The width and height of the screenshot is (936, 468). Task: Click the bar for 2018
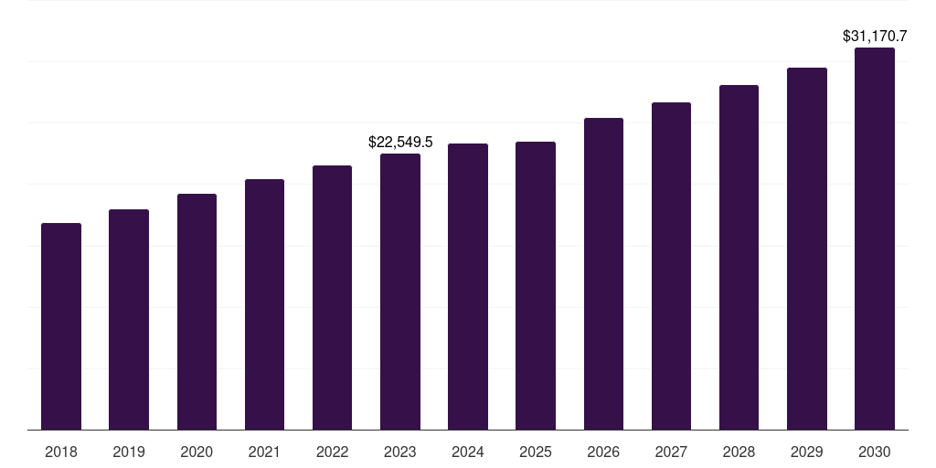(61, 326)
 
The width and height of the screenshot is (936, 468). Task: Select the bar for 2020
(197, 312)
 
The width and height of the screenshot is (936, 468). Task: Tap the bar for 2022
(332, 297)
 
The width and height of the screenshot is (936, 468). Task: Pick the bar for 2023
(400, 292)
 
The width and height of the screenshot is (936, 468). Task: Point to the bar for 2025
(536, 285)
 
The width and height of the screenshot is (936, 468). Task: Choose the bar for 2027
(671, 266)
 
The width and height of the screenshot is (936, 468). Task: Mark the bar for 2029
(807, 249)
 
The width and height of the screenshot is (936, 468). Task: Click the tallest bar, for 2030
(875, 239)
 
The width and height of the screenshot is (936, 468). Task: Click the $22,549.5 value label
(400, 142)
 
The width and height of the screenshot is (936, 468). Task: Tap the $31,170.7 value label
(875, 37)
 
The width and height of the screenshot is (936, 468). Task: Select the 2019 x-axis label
(129, 452)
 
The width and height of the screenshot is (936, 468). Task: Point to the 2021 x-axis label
(264, 452)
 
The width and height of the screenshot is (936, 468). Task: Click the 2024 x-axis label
(468, 452)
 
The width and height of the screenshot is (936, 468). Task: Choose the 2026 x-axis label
(603, 452)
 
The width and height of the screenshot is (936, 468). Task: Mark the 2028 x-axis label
(739, 452)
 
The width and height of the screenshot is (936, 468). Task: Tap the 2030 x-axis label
(875, 452)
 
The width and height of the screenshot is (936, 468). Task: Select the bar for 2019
(129, 319)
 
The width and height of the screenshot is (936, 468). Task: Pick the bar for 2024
(468, 286)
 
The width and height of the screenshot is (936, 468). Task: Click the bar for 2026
(603, 273)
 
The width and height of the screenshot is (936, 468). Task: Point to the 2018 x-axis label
(61, 452)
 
